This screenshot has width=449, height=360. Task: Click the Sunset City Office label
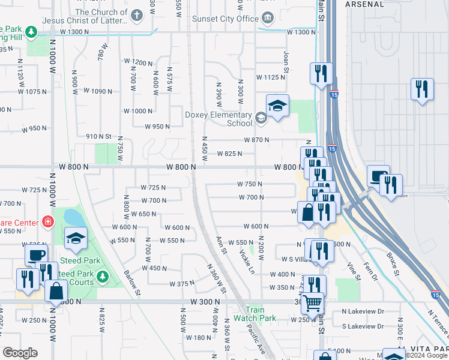click(225, 19)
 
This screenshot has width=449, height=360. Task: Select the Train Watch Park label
click(255, 314)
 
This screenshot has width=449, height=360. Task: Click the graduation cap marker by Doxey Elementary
click(277, 106)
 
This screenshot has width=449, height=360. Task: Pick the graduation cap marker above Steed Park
click(76, 239)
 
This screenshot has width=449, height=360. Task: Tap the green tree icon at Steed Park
click(102, 277)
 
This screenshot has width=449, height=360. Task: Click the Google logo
click(20, 353)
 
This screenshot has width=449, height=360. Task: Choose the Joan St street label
click(286, 59)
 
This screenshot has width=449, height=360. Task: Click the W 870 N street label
click(256, 140)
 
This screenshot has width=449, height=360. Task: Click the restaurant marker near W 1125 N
click(321, 73)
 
